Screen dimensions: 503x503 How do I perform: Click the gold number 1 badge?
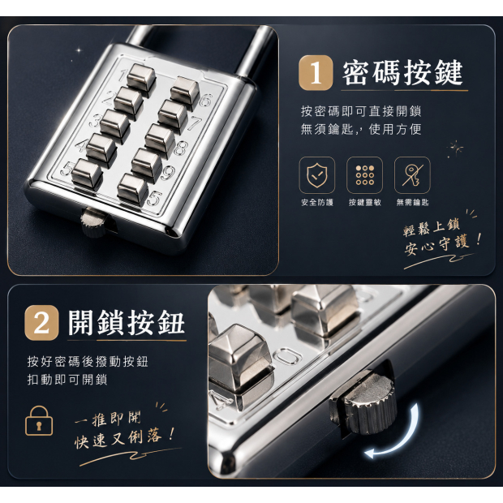click(x=316, y=73)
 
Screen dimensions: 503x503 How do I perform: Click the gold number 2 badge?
click(x=41, y=323)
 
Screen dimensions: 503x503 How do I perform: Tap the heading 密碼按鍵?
click(x=402, y=73)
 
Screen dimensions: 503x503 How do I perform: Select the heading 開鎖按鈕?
click(x=126, y=323)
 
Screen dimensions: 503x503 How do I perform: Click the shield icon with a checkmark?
click(x=317, y=175)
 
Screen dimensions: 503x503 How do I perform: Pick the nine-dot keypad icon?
click(x=365, y=175)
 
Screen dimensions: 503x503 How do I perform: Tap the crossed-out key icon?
click(x=412, y=175)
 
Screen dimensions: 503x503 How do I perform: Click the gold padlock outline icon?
click(x=39, y=420)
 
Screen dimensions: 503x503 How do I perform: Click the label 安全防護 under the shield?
click(x=317, y=203)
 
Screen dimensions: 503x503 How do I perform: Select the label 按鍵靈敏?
click(x=365, y=203)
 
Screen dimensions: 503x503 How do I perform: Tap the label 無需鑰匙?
click(x=412, y=203)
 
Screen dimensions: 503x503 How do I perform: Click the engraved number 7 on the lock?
click(x=195, y=123)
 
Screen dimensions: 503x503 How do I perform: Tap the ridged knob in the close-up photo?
click(x=369, y=405)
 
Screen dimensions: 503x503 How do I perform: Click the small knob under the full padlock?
click(x=92, y=221)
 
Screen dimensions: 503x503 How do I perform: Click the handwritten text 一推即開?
click(x=108, y=419)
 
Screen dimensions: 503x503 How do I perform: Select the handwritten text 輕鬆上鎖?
click(x=432, y=227)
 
